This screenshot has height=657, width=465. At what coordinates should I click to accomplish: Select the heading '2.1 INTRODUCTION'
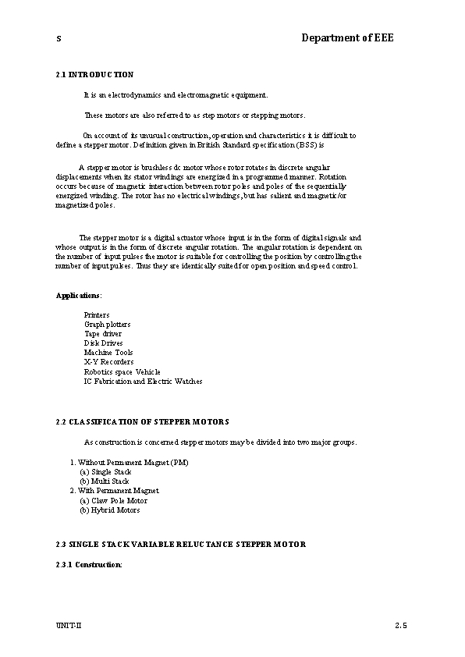pyautogui.click(x=94, y=75)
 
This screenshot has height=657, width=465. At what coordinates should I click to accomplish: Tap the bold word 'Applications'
pyautogui.click(x=78, y=296)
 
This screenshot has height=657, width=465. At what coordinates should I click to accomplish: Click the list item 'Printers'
pyautogui.click(x=97, y=314)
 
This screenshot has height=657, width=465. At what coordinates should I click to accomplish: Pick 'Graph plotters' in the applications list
pyautogui.click(x=107, y=324)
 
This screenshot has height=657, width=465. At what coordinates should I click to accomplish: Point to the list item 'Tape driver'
pyautogui.click(x=103, y=333)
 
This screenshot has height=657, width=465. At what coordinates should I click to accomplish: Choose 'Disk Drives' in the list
pyautogui.click(x=103, y=343)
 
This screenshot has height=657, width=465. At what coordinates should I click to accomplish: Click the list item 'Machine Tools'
pyautogui.click(x=108, y=352)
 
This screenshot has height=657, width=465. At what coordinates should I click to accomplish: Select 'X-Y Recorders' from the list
pyautogui.click(x=108, y=362)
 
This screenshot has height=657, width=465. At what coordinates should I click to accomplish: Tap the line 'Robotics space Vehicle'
pyautogui.click(x=122, y=371)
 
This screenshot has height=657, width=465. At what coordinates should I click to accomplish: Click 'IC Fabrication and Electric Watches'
pyautogui.click(x=143, y=382)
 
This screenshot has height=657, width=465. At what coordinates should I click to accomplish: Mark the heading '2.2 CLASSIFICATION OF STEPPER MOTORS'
pyautogui.click(x=142, y=421)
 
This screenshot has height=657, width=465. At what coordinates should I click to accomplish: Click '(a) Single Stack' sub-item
pyautogui.click(x=105, y=472)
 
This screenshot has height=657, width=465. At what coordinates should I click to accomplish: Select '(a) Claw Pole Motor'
pyautogui.click(x=113, y=500)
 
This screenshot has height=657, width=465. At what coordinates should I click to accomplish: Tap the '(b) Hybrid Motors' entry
pyautogui.click(x=109, y=510)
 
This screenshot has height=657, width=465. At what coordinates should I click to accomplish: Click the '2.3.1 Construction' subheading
pyautogui.click(x=89, y=564)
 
